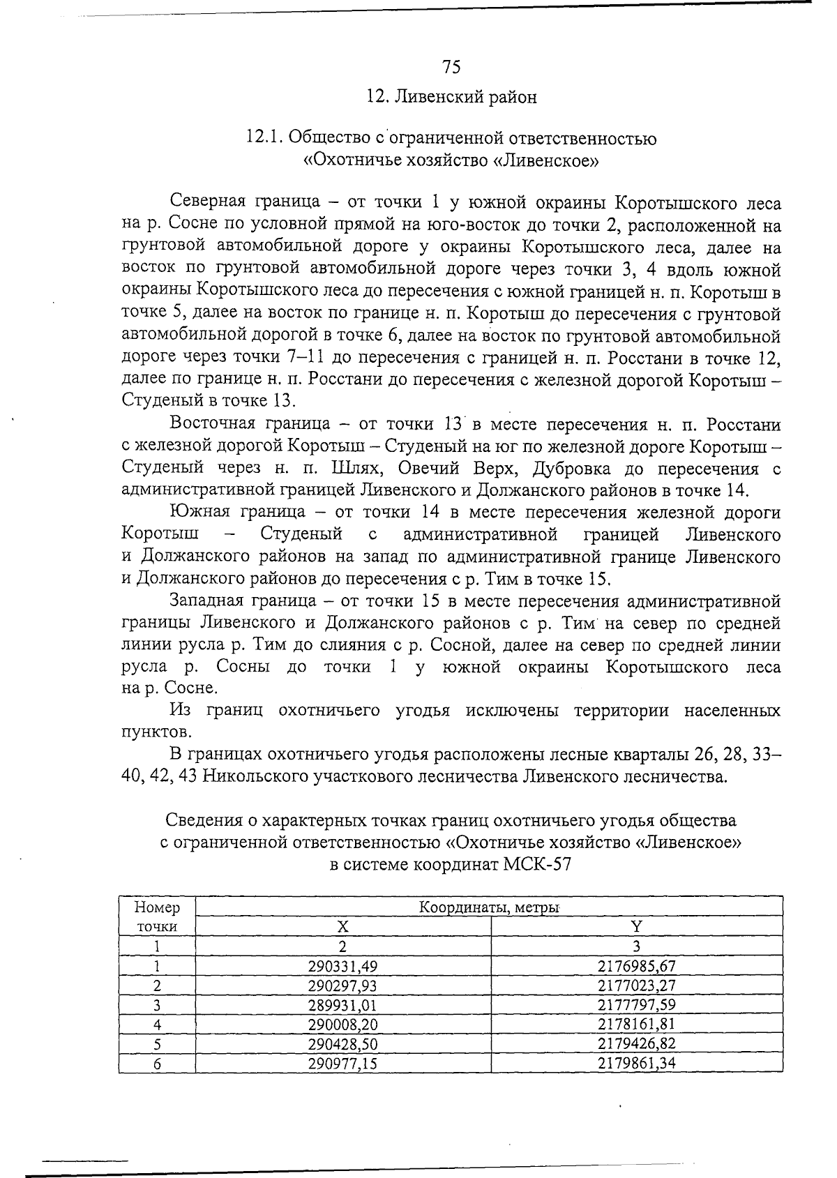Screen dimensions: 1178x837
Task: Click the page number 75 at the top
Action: pos(451,67)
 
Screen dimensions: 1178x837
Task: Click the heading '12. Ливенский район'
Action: pos(451,98)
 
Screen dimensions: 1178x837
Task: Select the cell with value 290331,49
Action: pos(342,966)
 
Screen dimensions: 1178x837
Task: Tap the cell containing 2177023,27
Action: pos(636,986)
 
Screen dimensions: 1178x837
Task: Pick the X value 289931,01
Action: pos(342,1005)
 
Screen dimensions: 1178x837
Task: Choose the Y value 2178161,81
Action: pos(636,1025)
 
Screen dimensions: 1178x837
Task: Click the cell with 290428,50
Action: pos(342,1044)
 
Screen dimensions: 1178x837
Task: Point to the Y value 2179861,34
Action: pos(636,1064)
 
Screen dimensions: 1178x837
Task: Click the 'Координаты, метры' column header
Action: pos(488,907)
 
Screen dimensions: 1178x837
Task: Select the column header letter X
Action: pos(342,926)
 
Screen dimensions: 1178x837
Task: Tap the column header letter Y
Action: pos(636,926)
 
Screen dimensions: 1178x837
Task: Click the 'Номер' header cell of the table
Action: pos(157,907)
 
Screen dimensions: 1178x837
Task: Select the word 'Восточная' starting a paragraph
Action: pos(211,424)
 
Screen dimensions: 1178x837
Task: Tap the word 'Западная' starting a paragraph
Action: pos(206,601)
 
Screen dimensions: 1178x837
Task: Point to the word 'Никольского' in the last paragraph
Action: pos(250,777)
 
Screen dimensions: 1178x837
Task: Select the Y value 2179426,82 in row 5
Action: pos(636,1044)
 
